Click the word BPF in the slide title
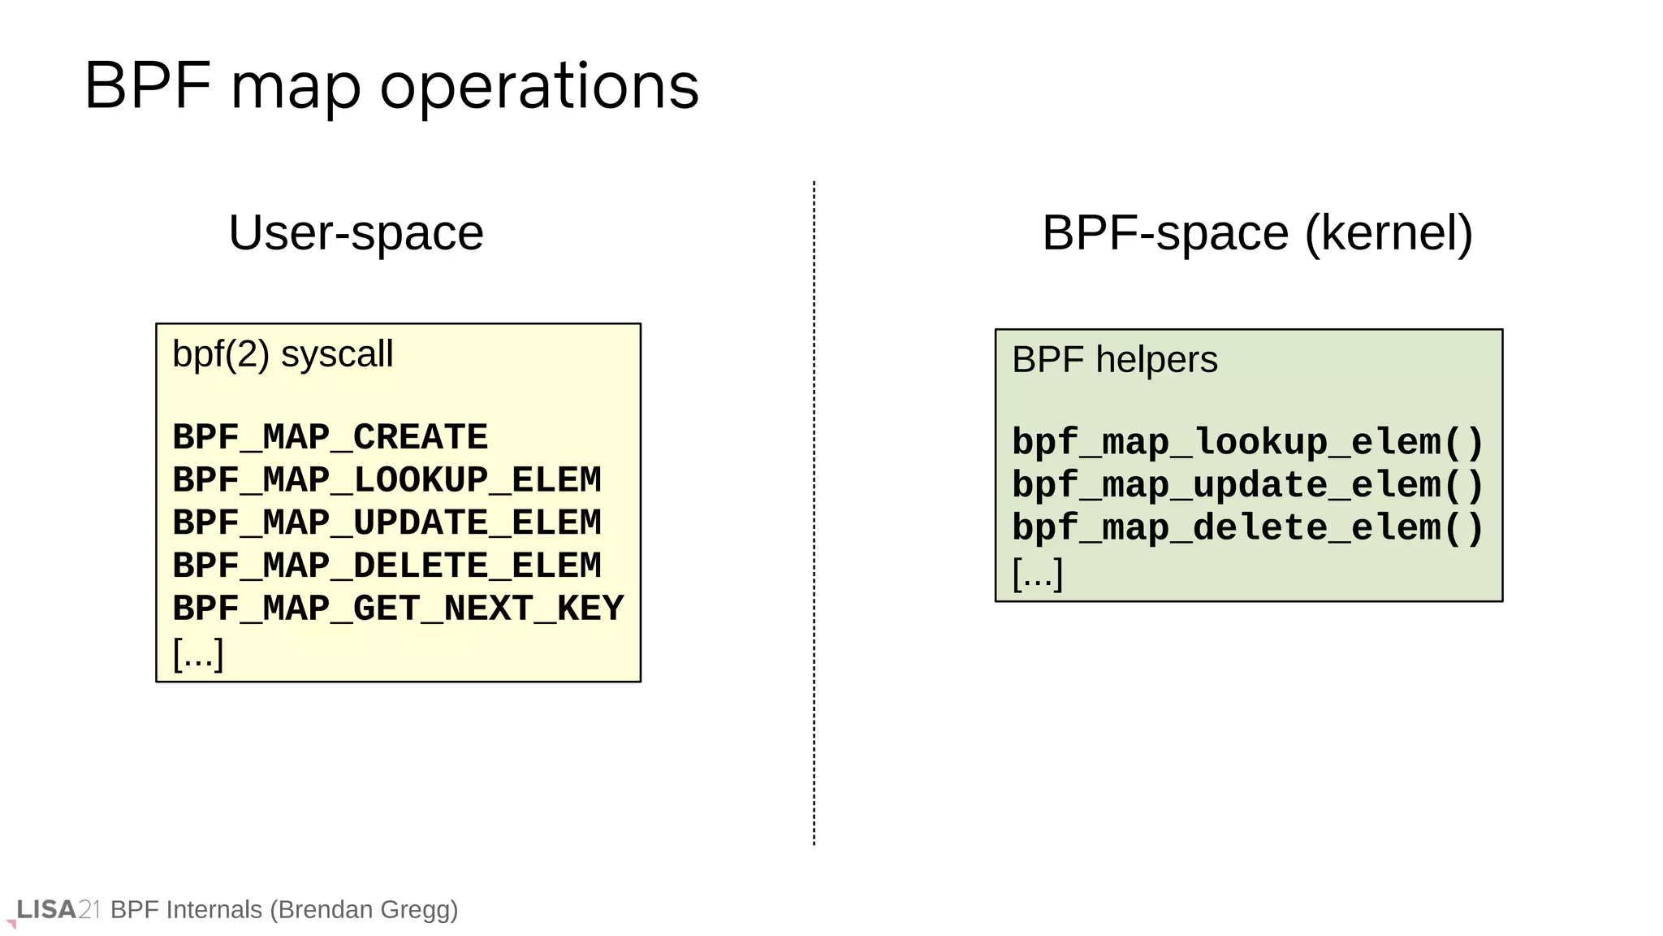[148, 86]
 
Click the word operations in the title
[539, 86]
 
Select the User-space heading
[356, 233]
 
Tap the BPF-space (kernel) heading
[1257, 233]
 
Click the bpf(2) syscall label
[283, 354]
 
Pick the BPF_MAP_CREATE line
[330, 437]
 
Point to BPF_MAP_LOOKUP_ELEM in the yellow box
[387, 480]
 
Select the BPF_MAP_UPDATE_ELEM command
[387, 523]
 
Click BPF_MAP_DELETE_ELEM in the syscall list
[387, 566]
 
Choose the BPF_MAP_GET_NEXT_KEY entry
[398, 609]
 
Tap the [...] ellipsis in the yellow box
[198, 653]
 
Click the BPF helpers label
[1114, 360]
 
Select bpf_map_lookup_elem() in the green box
[1248, 443]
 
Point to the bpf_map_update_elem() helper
[1248, 486]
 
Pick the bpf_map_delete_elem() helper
[1248, 528]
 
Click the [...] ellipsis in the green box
[1038, 573]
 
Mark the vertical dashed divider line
[814, 512]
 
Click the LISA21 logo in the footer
[57, 909]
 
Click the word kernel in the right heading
[1388, 233]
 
